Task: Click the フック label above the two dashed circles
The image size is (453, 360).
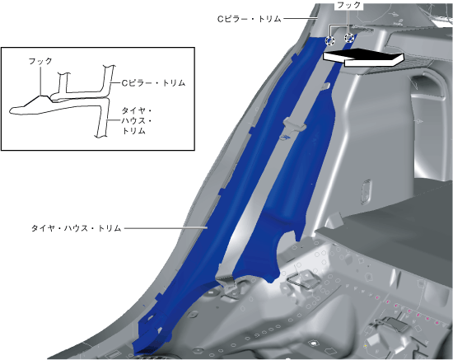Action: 348,5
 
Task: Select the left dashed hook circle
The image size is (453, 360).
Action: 329,40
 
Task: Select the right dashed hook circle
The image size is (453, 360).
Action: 349,38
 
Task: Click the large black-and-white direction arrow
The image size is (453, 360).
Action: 363,58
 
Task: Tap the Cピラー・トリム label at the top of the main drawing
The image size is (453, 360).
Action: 249,19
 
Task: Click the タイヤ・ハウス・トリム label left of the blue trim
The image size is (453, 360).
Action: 76,228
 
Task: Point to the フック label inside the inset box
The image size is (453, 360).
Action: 40,61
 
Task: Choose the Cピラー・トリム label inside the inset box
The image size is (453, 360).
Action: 153,83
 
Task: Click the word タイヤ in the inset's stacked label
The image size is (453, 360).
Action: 133,111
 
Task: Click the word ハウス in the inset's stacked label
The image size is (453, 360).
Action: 133,121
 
